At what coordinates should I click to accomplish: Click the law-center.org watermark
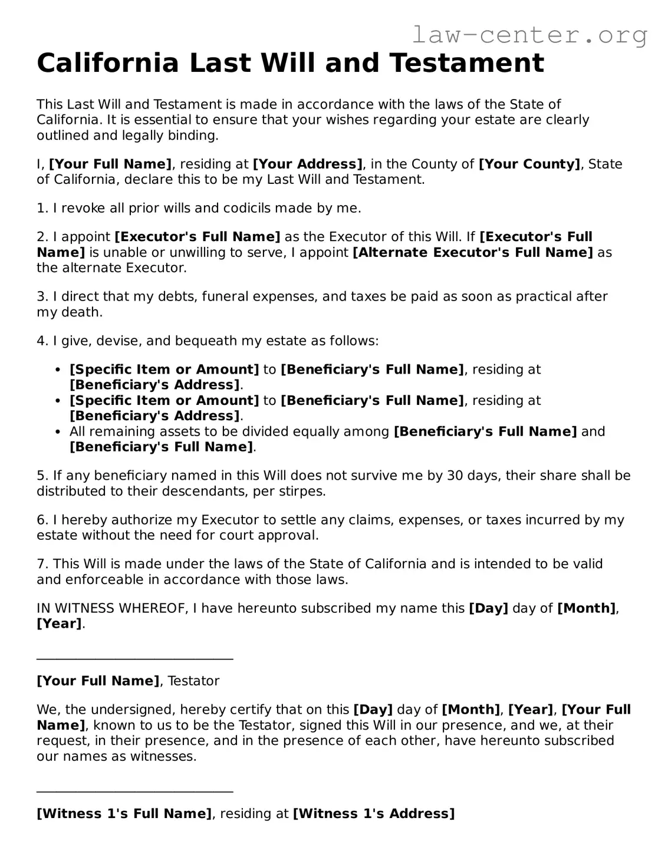point(529,35)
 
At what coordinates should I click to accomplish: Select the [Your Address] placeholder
point(307,164)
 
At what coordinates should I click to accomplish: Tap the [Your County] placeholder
point(529,164)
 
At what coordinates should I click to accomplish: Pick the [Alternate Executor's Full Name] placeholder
point(473,253)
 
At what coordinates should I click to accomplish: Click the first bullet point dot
point(58,370)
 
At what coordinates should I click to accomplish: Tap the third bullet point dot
point(58,432)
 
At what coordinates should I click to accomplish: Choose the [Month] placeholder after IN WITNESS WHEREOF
point(586,608)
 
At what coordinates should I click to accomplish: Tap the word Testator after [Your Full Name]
point(193,681)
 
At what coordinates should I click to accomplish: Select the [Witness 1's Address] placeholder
point(374,814)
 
